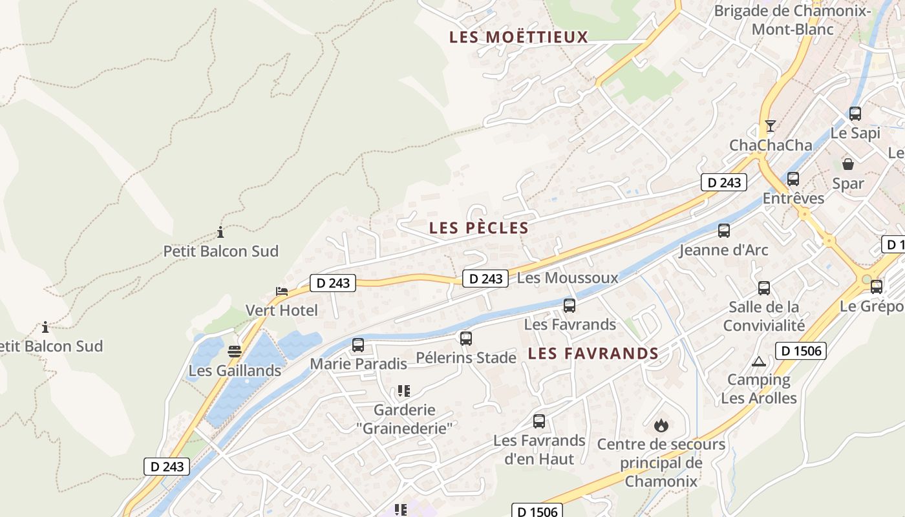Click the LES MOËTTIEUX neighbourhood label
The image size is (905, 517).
(518, 37)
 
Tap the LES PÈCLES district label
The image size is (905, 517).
(479, 227)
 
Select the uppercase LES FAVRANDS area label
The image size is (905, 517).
(593, 353)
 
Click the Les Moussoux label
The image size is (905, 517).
(568, 278)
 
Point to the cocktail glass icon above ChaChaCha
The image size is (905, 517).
(770, 125)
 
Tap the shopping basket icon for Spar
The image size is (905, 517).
(847, 164)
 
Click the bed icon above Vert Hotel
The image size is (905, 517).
(282, 291)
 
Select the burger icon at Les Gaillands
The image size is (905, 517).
(235, 352)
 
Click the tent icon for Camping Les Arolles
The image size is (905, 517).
(759, 361)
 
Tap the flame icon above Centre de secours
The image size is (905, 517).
(661, 425)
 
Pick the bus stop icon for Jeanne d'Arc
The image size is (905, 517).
(724, 231)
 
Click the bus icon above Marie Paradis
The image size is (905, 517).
(358, 345)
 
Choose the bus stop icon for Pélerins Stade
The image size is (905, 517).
(465, 338)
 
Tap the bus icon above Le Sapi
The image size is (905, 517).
(855, 114)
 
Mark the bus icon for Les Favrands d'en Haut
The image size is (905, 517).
(539, 421)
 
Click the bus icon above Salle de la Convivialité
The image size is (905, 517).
(764, 288)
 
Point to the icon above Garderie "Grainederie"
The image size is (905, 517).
(404, 391)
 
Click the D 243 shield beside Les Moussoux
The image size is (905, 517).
(485, 279)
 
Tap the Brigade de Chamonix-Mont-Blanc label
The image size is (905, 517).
(792, 20)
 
